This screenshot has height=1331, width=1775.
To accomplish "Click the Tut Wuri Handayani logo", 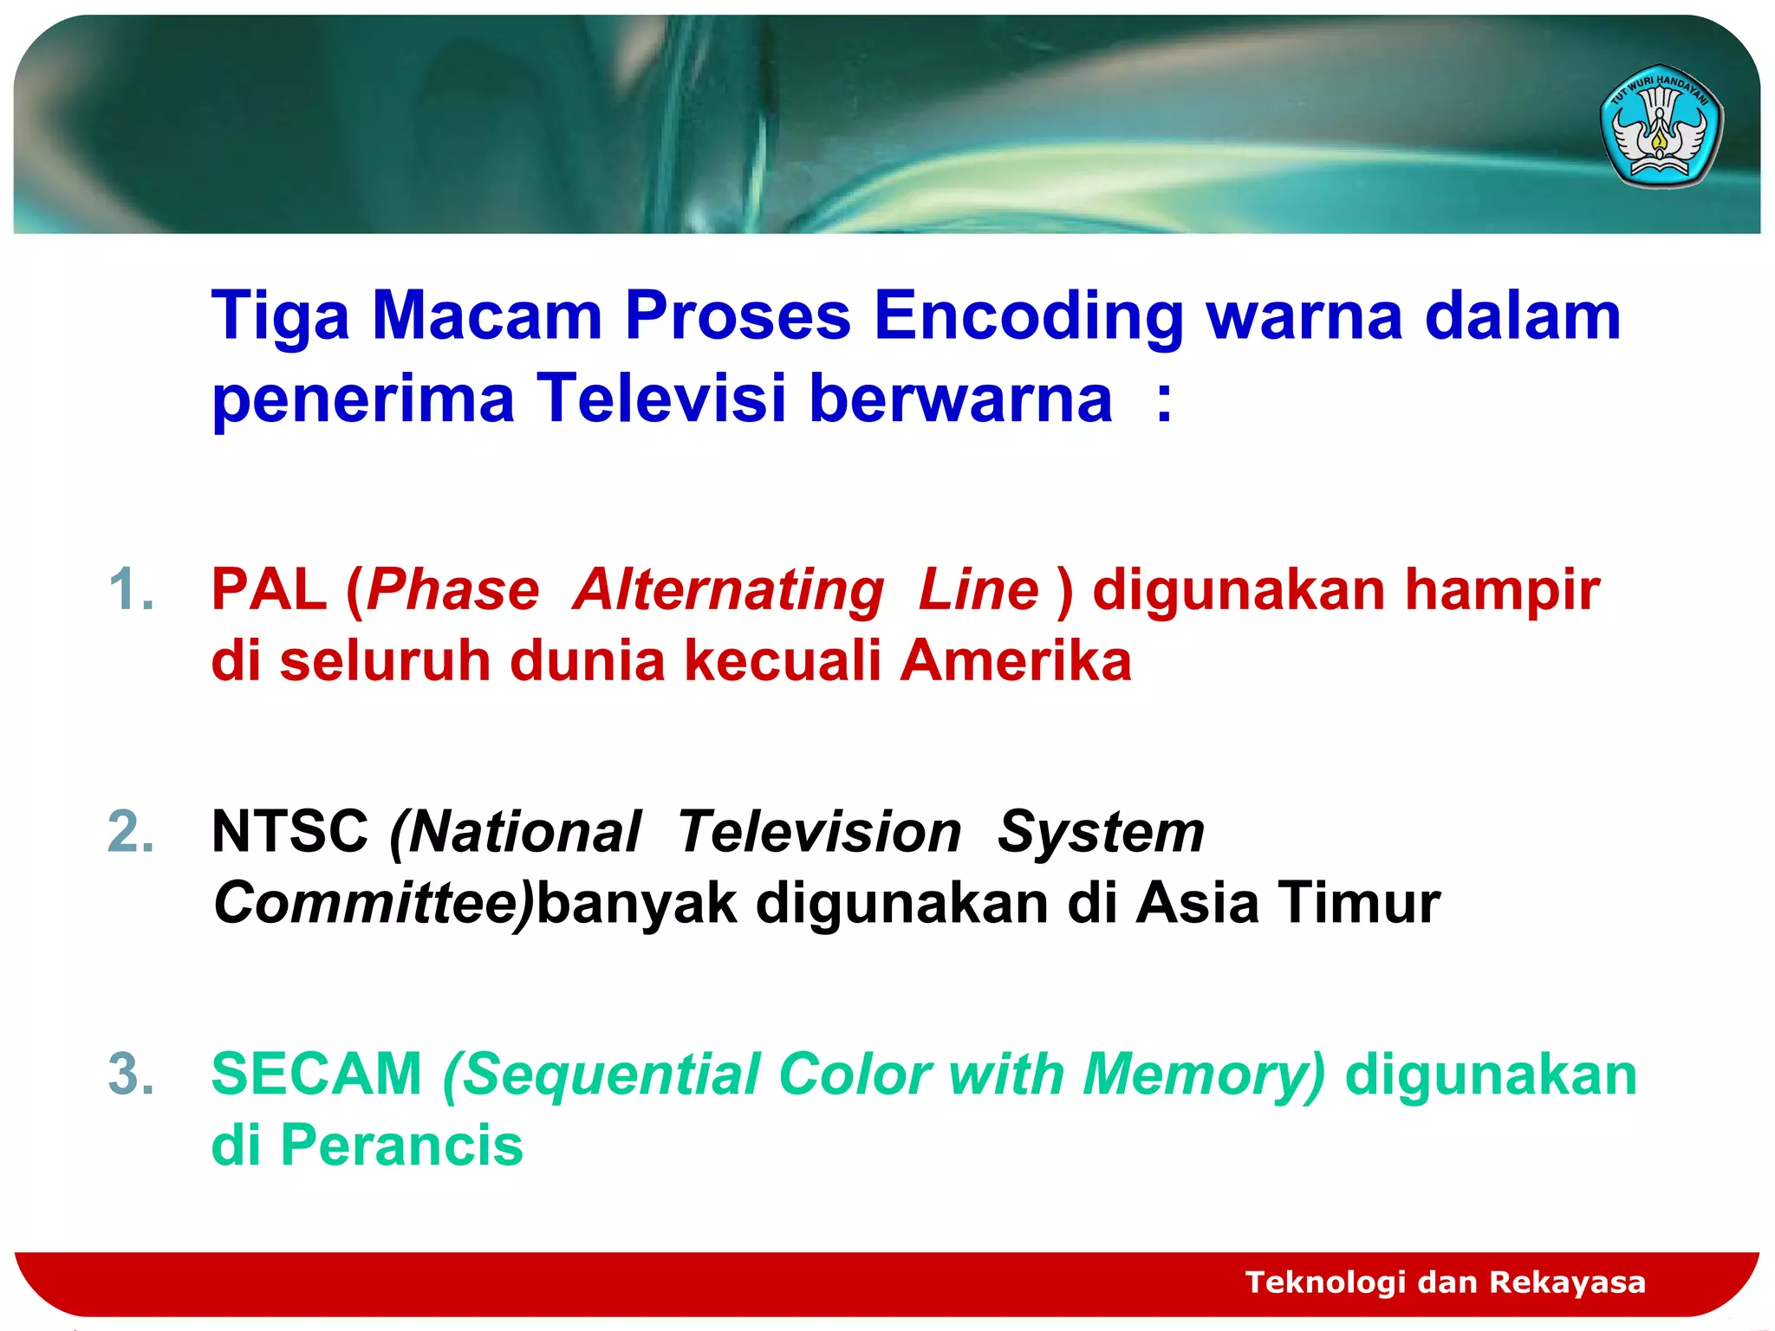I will (1660, 127).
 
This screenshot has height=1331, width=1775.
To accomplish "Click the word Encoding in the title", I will (1028, 316).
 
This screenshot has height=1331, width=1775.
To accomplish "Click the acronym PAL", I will (269, 590).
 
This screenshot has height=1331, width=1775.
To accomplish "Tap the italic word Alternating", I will (729, 590).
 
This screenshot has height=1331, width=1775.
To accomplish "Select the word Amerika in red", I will (1016, 661).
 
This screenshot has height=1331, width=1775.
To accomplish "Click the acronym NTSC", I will (290, 833).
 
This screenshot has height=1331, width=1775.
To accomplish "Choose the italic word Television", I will (819, 833).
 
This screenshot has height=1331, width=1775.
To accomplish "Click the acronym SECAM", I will (316, 1075).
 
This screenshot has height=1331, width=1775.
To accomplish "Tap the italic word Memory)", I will (1204, 1076).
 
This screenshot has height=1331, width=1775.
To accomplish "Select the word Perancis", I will (402, 1146).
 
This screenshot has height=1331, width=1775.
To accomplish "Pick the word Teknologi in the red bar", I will (1325, 1282).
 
